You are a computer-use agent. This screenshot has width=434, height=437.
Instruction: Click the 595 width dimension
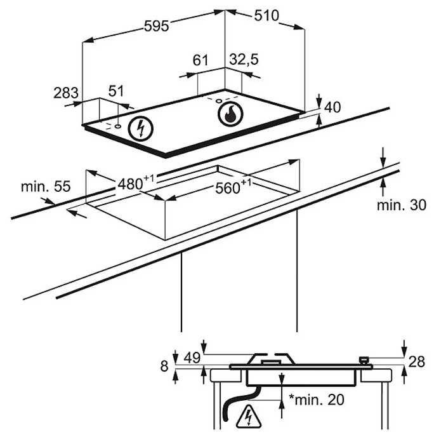click(x=155, y=26)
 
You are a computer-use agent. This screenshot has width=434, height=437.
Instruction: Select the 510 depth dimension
click(x=266, y=15)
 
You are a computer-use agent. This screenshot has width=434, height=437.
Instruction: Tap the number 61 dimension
click(x=201, y=61)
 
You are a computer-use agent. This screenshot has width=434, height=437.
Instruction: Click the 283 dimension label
click(x=65, y=93)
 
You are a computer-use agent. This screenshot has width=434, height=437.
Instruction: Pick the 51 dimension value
click(x=116, y=91)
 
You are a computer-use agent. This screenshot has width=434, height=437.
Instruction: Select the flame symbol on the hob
click(x=230, y=114)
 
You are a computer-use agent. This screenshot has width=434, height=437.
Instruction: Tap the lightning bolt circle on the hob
click(x=141, y=128)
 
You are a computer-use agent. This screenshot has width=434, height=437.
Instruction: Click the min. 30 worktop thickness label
click(x=402, y=205)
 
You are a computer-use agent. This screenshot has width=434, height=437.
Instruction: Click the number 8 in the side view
click(x=164, y=366)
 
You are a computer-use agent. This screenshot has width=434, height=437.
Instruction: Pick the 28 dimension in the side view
click(x=416, y=361)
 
